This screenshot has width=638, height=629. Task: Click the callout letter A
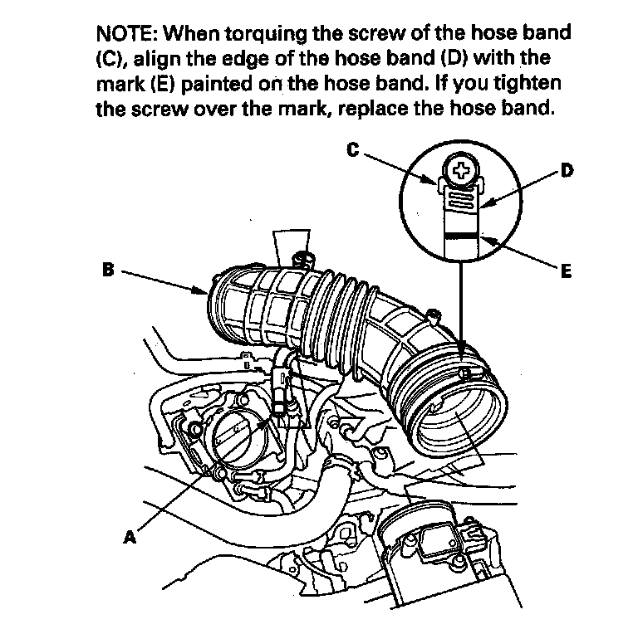(129, 536)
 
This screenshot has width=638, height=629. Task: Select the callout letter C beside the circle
(352, 149)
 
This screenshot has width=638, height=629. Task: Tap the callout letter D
(567, 171)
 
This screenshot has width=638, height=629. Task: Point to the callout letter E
(567, 271)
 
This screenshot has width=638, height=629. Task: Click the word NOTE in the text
(125, 35)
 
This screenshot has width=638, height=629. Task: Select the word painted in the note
(206, 85)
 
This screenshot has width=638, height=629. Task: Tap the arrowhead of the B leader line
(208, 291)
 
